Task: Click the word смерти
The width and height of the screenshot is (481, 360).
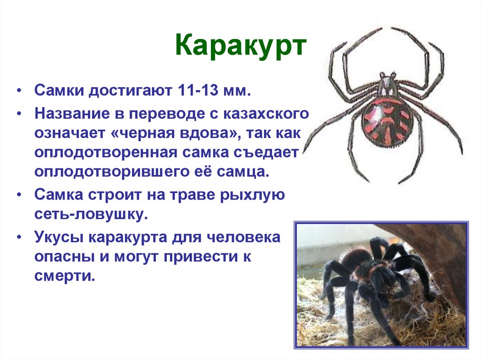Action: coord(64,276)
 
